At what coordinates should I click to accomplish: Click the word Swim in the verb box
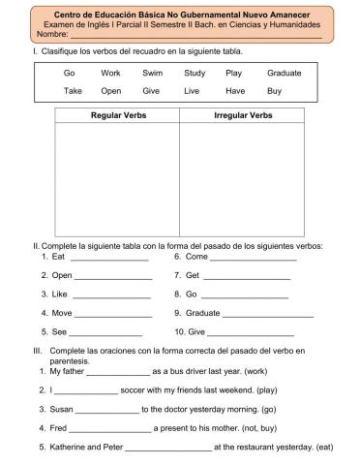tap(152, 73)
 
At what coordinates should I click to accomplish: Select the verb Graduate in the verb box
tap(285, 73)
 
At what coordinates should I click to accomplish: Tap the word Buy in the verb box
tap(274, 91)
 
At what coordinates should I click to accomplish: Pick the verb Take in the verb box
tap(73, 91)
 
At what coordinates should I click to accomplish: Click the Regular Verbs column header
tap(116, 115)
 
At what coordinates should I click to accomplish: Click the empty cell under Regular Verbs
tap(116, 179)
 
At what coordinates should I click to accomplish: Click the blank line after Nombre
tap(194, 36)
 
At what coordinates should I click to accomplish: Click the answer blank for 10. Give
tap(250, 332)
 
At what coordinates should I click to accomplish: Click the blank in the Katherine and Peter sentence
tap(167, 448)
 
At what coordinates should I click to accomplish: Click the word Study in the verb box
tap(194, 73)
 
